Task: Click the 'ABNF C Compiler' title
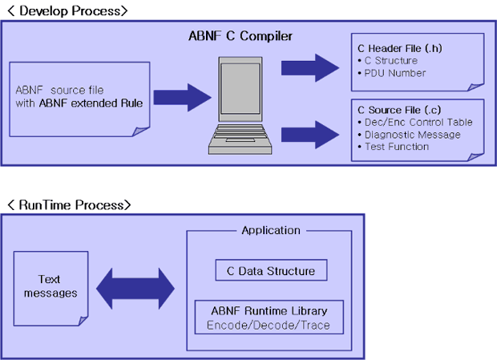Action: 240,36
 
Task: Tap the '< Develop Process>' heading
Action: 67,10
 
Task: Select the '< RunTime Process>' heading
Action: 69,204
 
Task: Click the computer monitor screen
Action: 240,88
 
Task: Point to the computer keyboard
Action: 240,139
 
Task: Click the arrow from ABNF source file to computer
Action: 183,98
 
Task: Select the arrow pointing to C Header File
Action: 310,68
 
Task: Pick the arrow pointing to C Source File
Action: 310,135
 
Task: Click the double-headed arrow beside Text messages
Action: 135,289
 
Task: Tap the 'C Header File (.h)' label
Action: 400,48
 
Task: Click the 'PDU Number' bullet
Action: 392,73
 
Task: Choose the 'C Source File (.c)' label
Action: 399,110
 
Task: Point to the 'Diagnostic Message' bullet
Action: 409,135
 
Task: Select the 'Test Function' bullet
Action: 393,147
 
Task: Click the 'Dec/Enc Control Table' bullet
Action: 415,123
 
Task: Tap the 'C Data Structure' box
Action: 271,270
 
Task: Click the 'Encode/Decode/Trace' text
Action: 269,326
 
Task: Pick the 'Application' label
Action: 271,230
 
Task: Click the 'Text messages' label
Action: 51,286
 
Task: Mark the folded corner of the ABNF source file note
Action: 140,131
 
